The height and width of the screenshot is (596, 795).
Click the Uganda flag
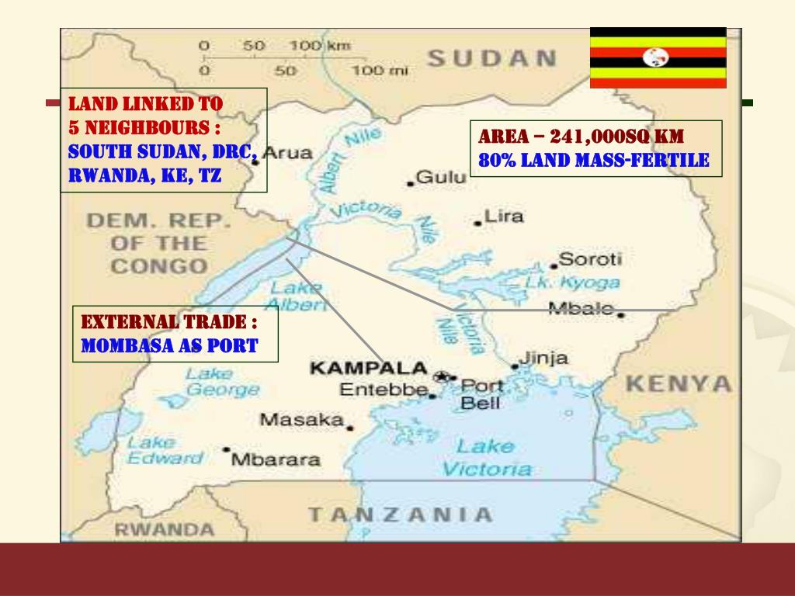[658, 57]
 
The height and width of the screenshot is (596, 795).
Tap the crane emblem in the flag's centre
[658, 57]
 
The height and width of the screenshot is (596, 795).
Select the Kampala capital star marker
[442, 376]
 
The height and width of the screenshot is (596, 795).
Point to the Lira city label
[503, 217]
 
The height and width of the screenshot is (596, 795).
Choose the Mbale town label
[581, 308]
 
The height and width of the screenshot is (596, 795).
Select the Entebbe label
[384, 390]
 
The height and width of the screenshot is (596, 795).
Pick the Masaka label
[301, 420]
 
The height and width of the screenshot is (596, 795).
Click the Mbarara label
[276, 459]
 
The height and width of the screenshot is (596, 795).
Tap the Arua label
[289, 153]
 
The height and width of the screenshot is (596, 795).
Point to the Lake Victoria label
[486, 457]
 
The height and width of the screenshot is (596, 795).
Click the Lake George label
[211, 383]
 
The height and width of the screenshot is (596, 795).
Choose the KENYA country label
[679, 383]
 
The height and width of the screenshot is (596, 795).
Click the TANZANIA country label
[400, 514]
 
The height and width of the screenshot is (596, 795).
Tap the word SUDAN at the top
[491, 58]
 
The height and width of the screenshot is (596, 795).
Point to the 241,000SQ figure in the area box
[597, 137]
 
